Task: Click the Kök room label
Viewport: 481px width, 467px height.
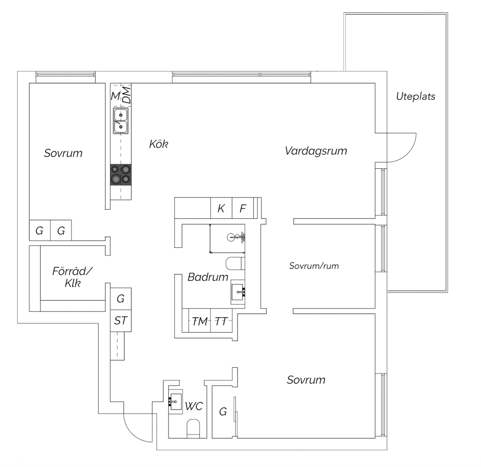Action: click(159, 144)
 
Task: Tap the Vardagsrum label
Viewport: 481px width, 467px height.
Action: click(316, 151)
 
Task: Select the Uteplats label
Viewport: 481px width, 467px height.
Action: click(416, 96)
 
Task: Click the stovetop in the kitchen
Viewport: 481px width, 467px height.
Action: click(121, 175)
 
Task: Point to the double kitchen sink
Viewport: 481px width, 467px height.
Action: click(121, 121)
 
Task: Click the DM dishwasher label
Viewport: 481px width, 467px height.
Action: click(127, 95)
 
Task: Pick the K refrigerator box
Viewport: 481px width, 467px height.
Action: click(221, 208)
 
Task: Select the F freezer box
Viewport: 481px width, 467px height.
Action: click(243, 208)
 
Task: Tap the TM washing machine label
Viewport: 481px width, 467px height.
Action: click(200, 322)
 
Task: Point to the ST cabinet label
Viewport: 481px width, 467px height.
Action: click(121, 321)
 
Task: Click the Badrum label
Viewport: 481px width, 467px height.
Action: click(208, 277)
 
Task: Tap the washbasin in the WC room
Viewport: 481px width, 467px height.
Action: click(176, 402)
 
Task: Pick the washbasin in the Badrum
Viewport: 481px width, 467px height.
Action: click(237, 292)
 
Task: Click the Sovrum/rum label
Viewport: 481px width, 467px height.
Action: click(314, 266)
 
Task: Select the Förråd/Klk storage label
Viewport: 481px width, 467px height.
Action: click(73, 277)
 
